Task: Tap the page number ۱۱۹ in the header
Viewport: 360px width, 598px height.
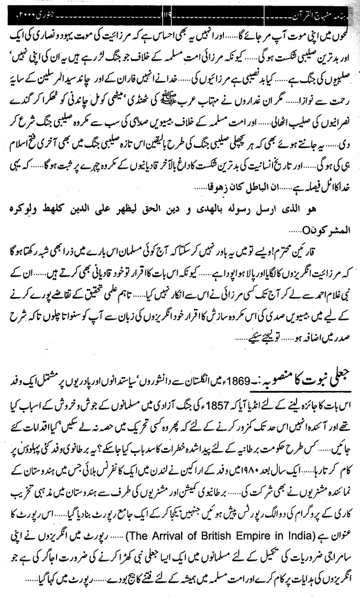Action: point(184,11)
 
